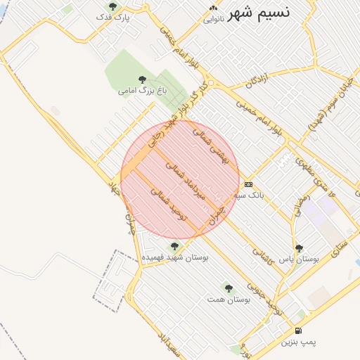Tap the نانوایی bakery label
(x=214, y=19)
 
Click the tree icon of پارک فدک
(x=112, y=6)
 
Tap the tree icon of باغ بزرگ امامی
(x=142, y=79)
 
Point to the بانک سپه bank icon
(x=247, y=184)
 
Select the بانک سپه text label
(x=251, y=195)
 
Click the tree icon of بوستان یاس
(x=299, y=248)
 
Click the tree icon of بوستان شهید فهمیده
(x=174, y=246)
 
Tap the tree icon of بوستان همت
(x=228, y=288)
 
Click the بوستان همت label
(x=229, y=299)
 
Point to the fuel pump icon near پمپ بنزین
(x=298, y=330)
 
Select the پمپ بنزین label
(x=299, y=342)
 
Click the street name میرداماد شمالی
(x=185, y=181)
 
